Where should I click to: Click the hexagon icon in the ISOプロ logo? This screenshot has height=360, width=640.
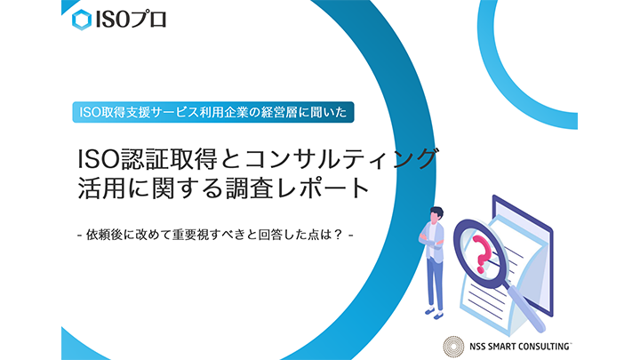82,20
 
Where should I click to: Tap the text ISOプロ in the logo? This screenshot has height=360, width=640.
130,20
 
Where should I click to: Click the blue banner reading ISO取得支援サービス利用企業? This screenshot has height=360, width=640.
213,112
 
